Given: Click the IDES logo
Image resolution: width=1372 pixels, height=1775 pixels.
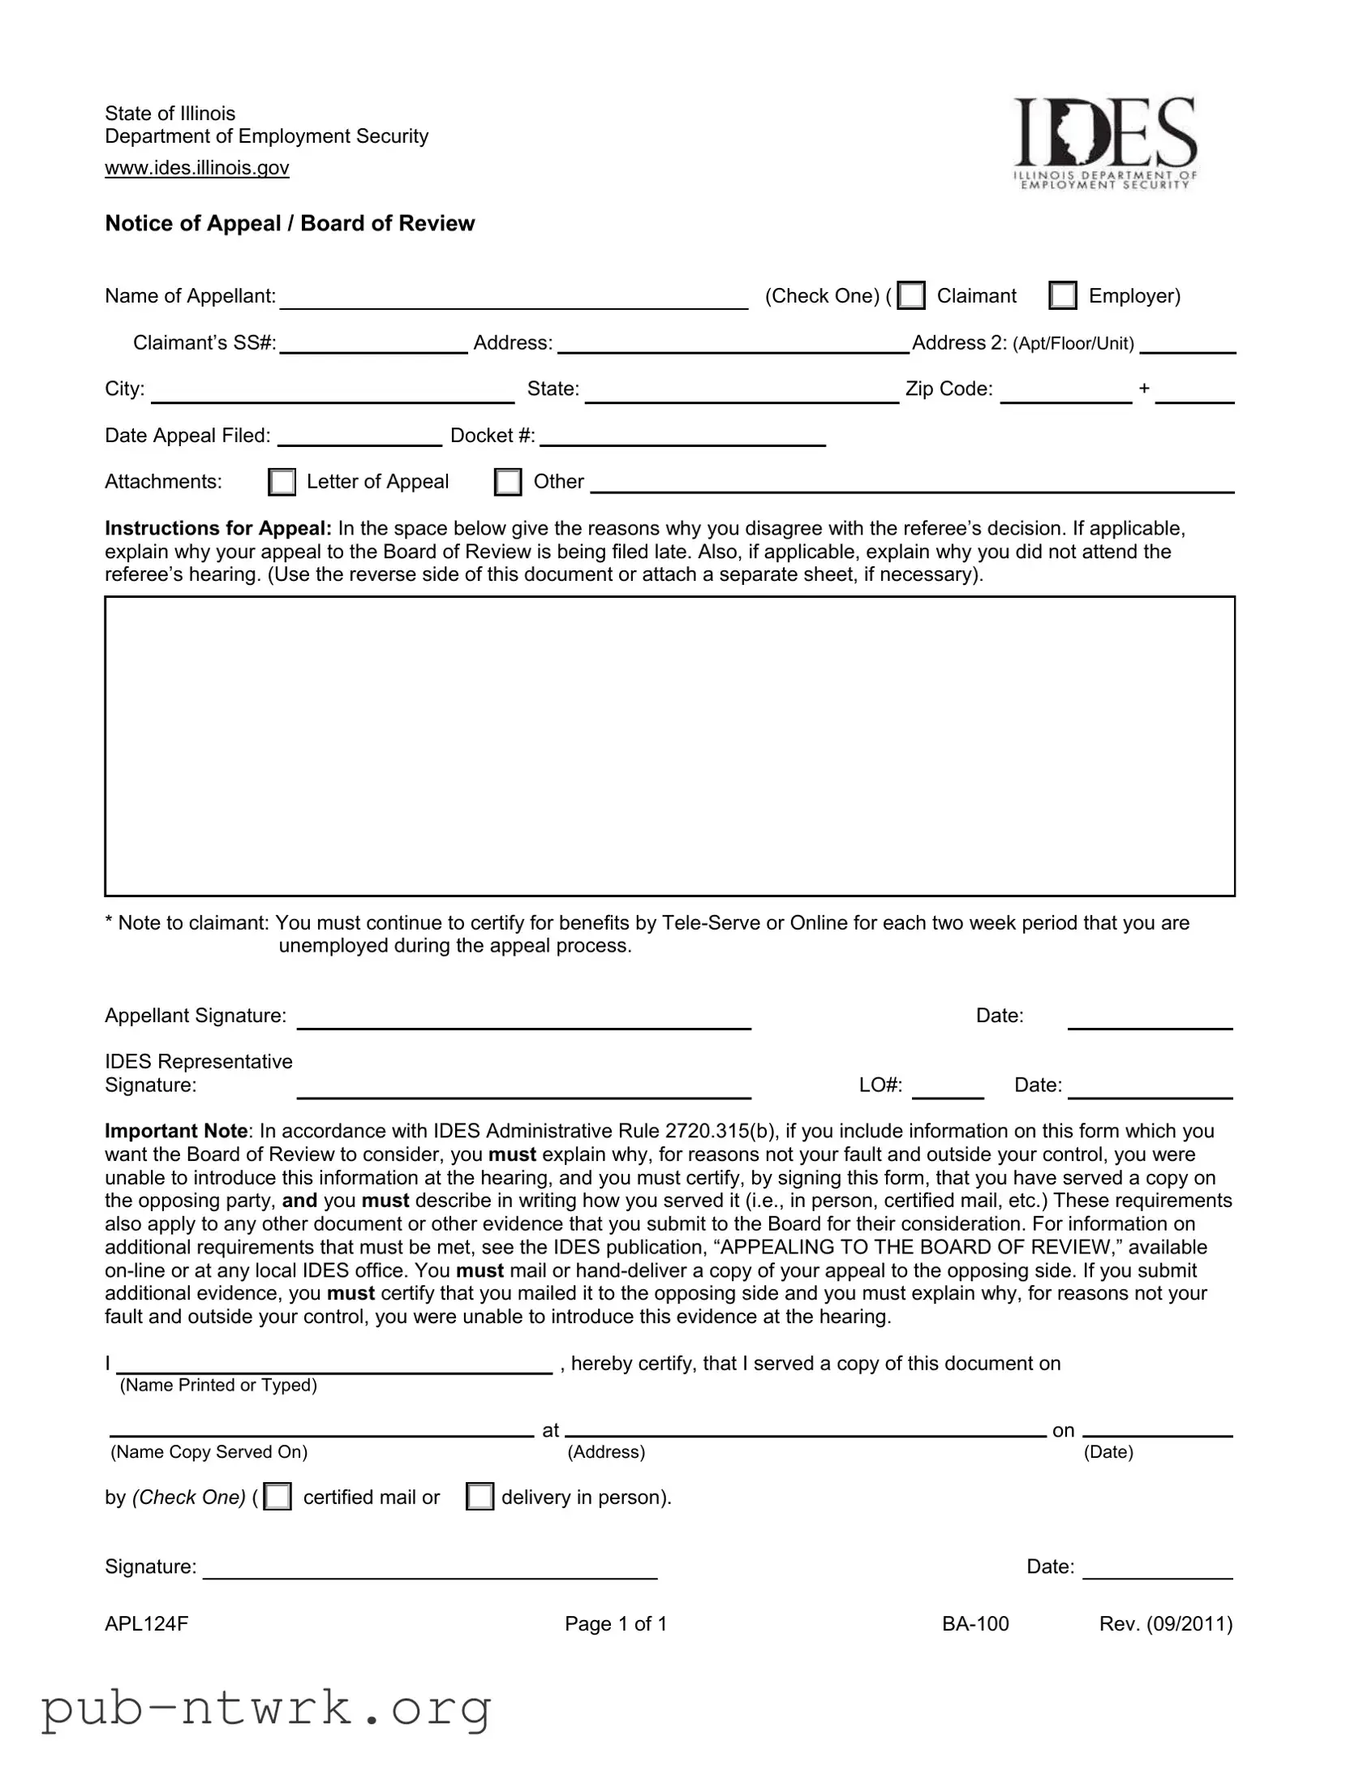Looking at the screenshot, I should [x=1104, y=142].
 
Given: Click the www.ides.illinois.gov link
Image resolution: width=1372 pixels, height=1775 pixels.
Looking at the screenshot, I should [x=196, y=167].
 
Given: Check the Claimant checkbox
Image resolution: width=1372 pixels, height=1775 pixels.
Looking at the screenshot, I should [x=911, y=295].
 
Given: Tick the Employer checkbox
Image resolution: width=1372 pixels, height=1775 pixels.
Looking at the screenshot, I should [x=1062, y=295].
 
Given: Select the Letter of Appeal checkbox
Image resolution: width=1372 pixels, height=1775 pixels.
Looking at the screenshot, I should [x=282, y=481].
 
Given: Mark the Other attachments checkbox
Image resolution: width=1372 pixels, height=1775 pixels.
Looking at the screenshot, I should [x=508, y=481].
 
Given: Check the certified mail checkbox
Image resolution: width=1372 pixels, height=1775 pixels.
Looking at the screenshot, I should [x=278, y=1496].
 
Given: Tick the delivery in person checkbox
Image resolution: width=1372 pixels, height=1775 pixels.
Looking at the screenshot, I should [x=480, y=1496].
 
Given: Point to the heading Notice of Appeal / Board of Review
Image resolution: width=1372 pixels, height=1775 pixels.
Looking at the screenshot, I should [x=290, y=224].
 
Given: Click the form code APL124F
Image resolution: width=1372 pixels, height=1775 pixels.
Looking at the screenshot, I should [x=146, y=1623].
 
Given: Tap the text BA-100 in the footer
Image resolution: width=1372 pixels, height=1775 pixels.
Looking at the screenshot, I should [x=975, y=1623].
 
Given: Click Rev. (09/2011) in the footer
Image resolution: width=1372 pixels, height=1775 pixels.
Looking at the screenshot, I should [x=1166, y=1623].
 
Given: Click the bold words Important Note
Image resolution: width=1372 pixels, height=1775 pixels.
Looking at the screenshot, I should [x=176, y=1131].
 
